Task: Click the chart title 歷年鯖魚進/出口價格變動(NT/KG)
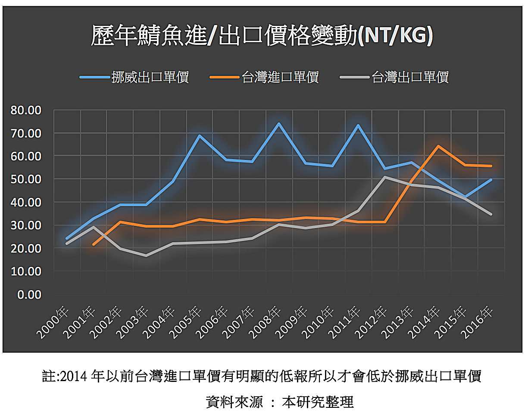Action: coord(262,36)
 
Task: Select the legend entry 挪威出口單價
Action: coord(150,78)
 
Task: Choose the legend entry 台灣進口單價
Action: coord(280,78)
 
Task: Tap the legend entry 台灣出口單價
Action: coord(410,78)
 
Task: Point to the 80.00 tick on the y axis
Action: coord(26,110)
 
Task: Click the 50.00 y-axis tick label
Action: coord(26,179)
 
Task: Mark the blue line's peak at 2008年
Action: coord(279,124)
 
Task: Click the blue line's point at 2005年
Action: coord(199,135)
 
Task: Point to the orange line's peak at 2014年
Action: coord(438,146)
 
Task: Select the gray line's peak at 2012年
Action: coord(385,177)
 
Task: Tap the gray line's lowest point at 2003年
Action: coord(146,256)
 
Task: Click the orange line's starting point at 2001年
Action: coord(94,244)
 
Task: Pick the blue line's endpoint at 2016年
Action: coord(491,180)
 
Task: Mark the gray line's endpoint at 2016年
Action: coord(491,214)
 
